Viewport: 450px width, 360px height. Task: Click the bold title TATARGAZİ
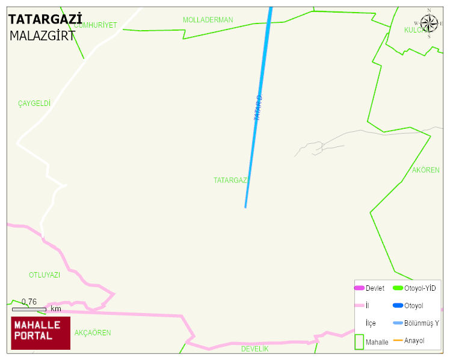pos(45,19)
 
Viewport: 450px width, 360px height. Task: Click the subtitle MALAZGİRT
pos(42,36)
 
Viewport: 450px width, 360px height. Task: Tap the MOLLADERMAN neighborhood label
pos(208,20)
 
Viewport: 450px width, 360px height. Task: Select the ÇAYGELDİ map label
pos(34,104)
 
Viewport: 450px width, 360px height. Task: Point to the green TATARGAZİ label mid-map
pos(231,180)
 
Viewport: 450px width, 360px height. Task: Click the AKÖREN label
pos(426,170)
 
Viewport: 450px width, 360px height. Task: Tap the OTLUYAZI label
pos(45,275)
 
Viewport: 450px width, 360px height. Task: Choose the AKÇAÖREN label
pos(93,333)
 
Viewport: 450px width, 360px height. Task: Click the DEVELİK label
pos(254,349)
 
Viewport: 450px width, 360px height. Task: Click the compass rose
pos(429,23)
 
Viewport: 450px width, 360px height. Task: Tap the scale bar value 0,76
pos(29,302)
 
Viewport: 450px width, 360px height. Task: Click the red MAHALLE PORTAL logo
pos(41,333)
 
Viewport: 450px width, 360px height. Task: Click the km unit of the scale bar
pos(56,309)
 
